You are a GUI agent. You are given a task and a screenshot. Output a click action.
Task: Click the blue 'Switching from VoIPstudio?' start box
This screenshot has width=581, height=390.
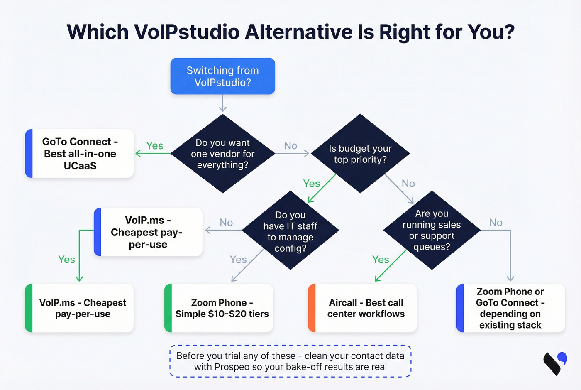pos(222,76)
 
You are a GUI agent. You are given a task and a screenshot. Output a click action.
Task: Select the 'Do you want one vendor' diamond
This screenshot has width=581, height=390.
pos(223,154)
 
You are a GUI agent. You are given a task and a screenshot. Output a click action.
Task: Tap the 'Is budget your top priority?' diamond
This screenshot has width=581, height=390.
pos(360,154)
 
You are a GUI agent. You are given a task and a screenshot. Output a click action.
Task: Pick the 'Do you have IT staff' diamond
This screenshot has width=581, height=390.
pos(290,231)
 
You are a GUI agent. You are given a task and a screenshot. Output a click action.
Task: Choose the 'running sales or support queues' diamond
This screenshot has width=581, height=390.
pos(432,230)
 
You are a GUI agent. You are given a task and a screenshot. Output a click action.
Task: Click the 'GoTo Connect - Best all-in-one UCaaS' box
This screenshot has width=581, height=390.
pos(80,154)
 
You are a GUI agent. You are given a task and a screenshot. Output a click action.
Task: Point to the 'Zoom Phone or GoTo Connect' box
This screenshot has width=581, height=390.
pos(510,308)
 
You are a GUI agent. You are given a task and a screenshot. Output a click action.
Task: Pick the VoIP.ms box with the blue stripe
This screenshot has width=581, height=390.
pos(148,232)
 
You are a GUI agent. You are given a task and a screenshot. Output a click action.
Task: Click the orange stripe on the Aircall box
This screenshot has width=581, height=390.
pos(312,308)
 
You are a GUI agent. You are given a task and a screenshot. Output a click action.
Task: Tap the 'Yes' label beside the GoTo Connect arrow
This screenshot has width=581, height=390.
pos(154,146)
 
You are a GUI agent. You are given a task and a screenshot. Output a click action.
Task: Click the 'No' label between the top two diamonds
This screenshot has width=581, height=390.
pos(290,146)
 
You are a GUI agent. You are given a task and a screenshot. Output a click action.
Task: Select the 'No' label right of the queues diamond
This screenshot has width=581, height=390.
pos(496,223)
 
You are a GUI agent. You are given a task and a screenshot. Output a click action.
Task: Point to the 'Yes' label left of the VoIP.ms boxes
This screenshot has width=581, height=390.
pos(66,260)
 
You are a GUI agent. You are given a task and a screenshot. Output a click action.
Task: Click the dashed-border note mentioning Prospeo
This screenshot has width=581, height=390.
pos(290,361)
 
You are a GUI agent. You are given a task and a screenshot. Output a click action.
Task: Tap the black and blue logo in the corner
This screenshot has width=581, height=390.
pos(555,363)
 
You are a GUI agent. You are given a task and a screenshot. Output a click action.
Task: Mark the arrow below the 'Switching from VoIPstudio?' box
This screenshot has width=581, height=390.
pos(223,103)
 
